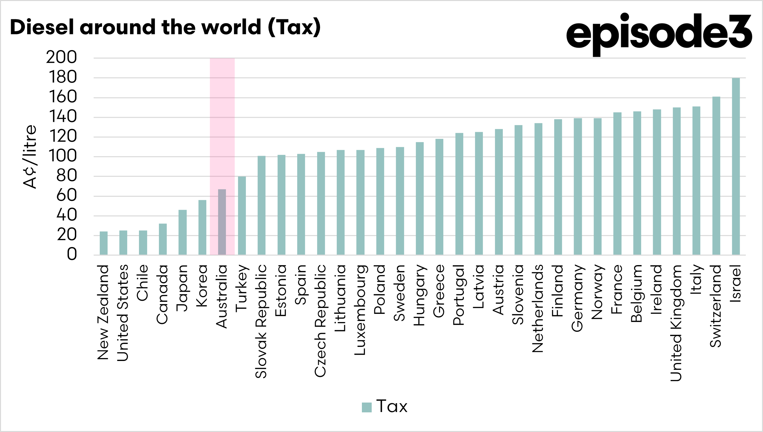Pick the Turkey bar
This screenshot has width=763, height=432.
242,216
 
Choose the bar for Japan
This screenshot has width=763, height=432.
182,232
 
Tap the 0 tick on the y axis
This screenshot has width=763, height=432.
72,254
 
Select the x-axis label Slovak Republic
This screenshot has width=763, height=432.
261,321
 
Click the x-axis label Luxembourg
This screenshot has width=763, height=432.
360,310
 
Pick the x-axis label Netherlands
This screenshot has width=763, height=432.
538,308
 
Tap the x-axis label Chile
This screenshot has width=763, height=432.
143,282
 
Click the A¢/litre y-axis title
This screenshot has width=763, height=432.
30,156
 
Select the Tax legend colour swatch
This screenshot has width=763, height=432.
367,407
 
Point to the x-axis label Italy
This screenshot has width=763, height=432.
696,279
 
